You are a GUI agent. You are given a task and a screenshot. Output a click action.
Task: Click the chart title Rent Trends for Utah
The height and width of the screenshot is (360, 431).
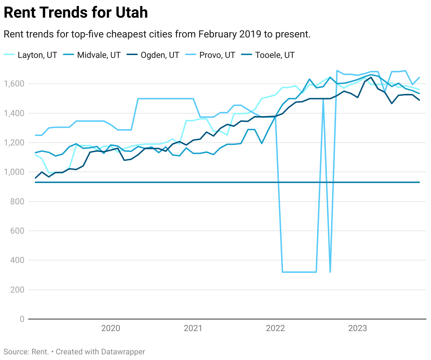click(76, 13)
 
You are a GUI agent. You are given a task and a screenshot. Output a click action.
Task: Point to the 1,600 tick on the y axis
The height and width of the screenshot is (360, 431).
click(14, 84)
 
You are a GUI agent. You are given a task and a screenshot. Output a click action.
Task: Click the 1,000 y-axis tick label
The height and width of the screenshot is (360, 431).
click(14, 172)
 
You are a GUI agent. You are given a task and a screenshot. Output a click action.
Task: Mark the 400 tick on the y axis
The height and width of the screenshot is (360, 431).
click(17, 260)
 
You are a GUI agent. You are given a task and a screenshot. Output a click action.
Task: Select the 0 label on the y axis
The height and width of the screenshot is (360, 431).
click(22, 319)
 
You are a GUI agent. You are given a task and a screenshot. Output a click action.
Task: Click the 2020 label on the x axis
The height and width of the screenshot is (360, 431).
click(111, 329)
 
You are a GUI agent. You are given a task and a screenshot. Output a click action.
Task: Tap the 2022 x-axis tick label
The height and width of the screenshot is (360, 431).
click(275, 329)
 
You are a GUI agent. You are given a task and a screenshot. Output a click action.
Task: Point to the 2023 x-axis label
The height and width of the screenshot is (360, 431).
click(358, 329)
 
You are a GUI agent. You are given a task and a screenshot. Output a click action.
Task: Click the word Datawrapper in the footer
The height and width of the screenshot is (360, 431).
click(123, 352)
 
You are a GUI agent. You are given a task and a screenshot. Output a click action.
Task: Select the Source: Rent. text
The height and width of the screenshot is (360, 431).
click(26, 352)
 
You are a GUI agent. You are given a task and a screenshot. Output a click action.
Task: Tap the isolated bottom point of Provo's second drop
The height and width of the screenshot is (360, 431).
click(330, 272)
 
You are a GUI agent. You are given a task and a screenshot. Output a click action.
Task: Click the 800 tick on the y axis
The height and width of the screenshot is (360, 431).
click(17, 202)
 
